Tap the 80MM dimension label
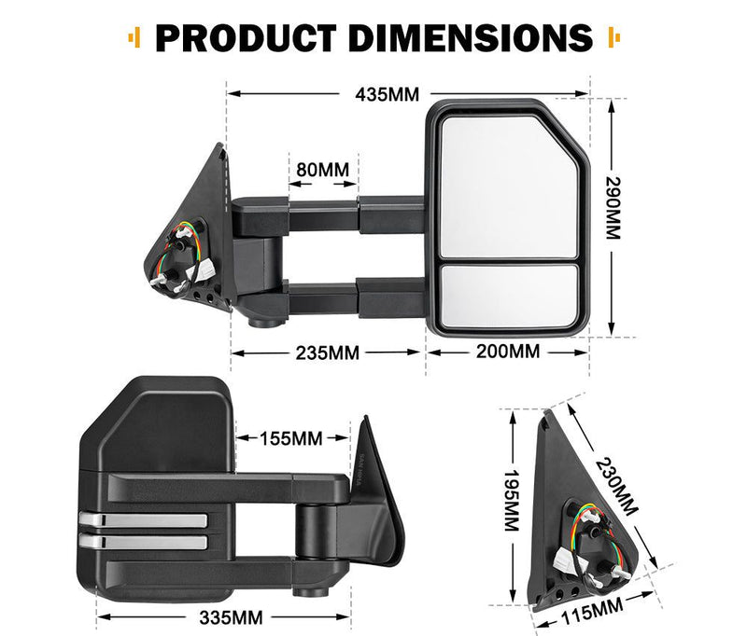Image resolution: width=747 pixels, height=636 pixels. [322, 171]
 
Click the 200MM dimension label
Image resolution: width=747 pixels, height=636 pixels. [508, 352]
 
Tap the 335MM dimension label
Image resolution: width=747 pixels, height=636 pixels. [229, 616]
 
